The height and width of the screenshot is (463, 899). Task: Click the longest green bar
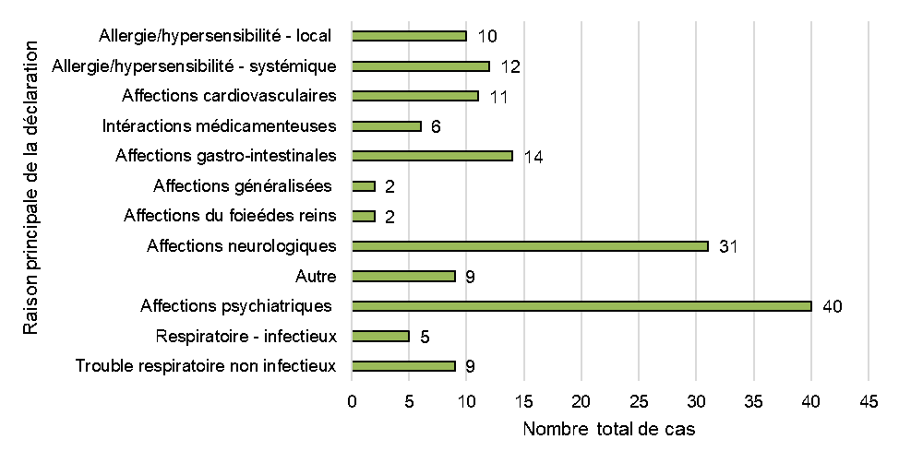(x=581, y=306)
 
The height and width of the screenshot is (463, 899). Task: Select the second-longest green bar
(x=529, y=246)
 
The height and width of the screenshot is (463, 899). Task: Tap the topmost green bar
(x=408, y=36)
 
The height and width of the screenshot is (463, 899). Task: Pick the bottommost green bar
(x=402, y=366)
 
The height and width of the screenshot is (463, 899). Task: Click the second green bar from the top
(x=420, y=66)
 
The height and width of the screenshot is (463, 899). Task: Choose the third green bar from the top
(x=414, y=96)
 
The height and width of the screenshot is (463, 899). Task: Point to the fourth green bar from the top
(x=386, y=126)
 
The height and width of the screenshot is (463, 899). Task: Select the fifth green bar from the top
(x=431, y=156)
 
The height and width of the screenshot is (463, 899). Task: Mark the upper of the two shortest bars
(x=363, y=186)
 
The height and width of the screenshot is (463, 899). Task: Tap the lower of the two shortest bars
(x=363, y=217)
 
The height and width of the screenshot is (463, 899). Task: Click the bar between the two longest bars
(x=402, y=277)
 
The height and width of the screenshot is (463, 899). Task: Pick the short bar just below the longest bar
(x=379, y=337)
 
